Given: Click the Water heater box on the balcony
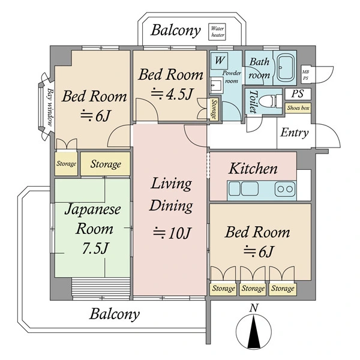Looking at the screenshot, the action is tap(217, 32).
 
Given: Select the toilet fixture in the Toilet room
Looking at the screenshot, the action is tap(273, 101).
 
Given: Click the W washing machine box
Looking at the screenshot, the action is tap(219, 61).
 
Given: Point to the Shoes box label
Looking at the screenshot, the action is tap(298, 107).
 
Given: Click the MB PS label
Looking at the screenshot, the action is tap(305, 75).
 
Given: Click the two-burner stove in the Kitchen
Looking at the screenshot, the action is tap(286, 189).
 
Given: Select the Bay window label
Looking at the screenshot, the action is tap(50, 107).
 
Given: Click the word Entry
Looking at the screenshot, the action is tap(295, 133).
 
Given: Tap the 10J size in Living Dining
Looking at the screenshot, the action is tap(172, 233).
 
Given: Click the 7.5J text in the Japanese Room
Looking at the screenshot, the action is tap(95, 248).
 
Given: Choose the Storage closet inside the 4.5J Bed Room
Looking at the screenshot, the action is tap(214, 109).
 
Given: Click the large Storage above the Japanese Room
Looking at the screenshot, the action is tap(106, 164).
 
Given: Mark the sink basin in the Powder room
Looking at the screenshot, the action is tap(216, 85).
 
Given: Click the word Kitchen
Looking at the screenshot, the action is tap(253, 169).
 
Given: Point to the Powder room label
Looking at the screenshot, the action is tap(232, 77).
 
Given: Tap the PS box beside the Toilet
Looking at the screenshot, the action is tap(298, 94).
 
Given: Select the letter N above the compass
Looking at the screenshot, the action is tap(254, 308).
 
